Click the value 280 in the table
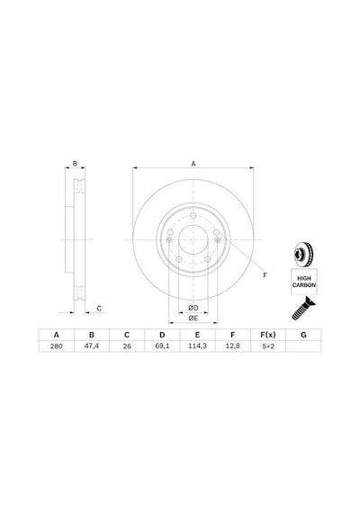click(x=57, y=346)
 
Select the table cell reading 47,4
click(x=92, y=346)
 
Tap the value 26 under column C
click(x=127, y=346)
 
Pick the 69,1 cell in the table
click(x=162, y=346)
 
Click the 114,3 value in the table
click(x=197, y=346)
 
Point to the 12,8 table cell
click(x=233, y=346)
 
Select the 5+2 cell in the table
click(x=268, y=346)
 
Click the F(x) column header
click(x=268, y=335)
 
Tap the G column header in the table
click(x=303, y=335)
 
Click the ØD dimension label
click(x=193, y=308)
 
